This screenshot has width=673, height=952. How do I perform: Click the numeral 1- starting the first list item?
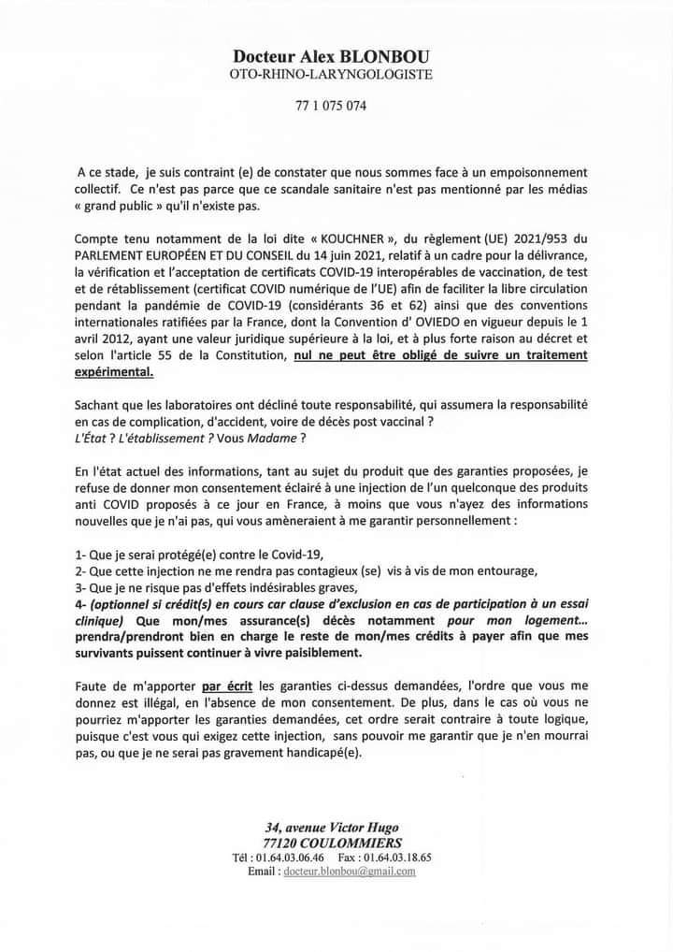(x=82, y=555)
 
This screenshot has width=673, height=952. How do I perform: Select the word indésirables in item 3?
(x=282, y=588)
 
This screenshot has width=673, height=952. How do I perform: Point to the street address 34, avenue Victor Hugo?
(x=333, y=825)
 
